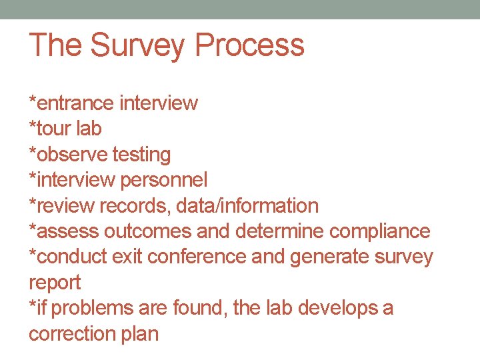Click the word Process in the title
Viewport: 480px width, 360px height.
[x=249, y=45]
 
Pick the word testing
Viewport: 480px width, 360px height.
[x=141, y=155]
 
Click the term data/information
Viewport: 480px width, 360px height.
[x=247, y=206]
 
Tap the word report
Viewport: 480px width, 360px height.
[x=55, y=283]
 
